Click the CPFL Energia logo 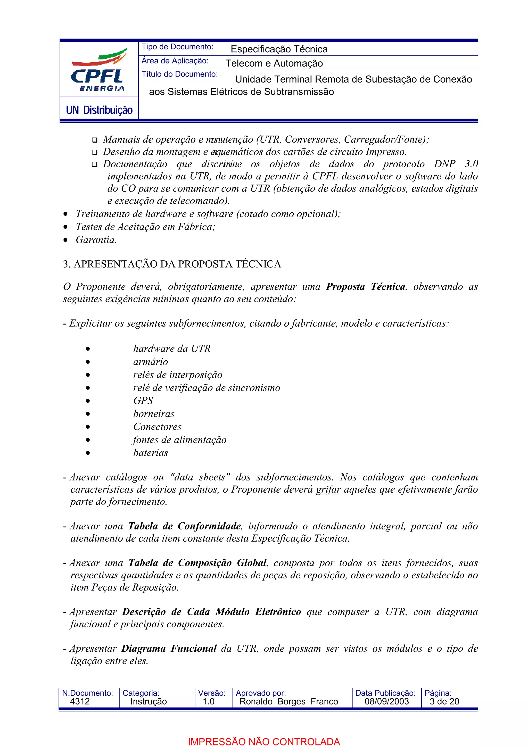98,70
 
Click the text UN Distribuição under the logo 99,110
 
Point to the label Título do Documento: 180,74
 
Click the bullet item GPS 143,401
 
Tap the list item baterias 151,453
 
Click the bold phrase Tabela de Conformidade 184,526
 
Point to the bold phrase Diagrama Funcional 169,649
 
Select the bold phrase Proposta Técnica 366,287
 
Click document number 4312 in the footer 80,701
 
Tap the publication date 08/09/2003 386,701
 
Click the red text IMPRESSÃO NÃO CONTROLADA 264,742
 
